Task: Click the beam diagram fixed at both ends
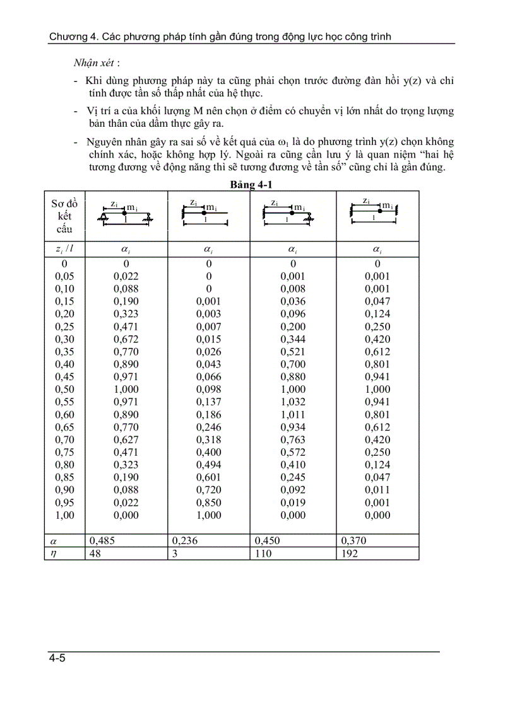tap(377, 211)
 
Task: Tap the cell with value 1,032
tap(293, 402)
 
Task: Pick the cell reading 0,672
tap(126, 339)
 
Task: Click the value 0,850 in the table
tap(209, 502)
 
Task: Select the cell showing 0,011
tap(377, 490)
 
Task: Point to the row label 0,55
tap(65, 402)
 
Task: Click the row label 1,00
tap(65, 515)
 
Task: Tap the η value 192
tap(349, 553)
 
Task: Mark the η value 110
tap(264, 553)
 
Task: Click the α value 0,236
tap(184, 540)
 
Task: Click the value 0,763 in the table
tap(293, 439)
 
